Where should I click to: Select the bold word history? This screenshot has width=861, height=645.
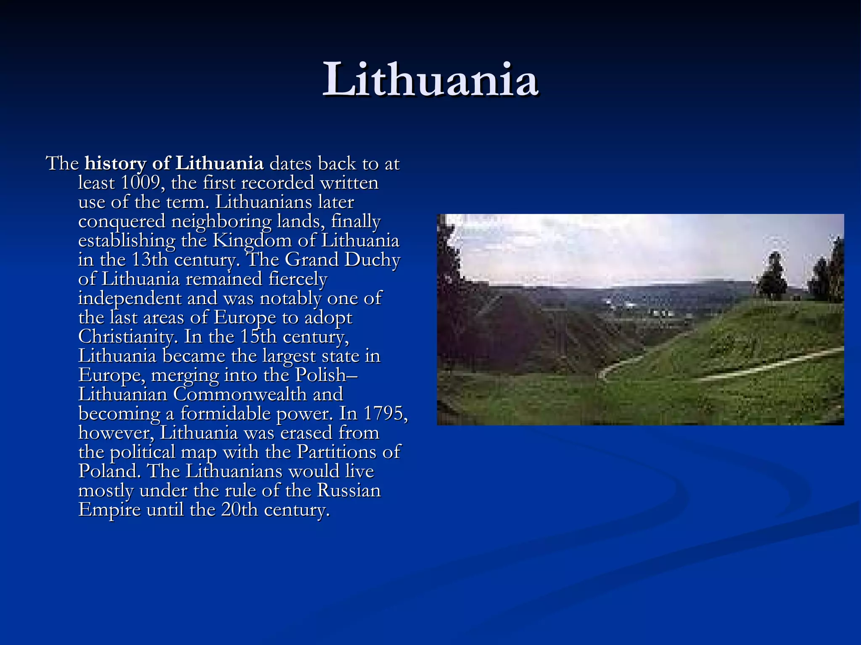[x=115, y=164]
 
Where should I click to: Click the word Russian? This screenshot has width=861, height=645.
[x=349, y=490]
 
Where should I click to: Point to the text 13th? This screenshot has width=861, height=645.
[x=150, y=260]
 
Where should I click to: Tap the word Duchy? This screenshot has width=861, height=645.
[x=372, y=260]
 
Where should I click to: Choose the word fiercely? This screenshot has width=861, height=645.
[x=298, y=279]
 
